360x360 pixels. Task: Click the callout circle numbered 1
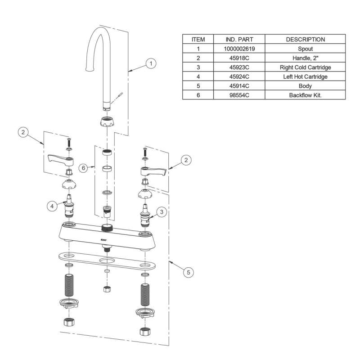152,63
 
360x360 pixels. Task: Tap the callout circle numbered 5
189,272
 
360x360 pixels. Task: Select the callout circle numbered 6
83,168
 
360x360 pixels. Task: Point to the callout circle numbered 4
53,206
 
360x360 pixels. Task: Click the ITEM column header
198,39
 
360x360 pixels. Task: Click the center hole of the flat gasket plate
107,261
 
